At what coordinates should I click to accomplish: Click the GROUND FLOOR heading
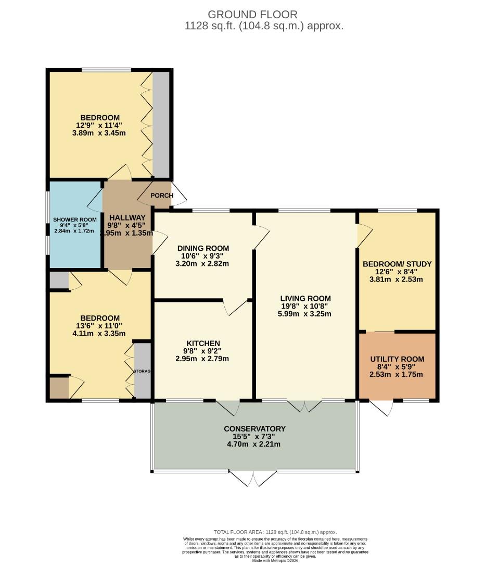[253, 14]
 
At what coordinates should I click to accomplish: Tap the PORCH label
[161, 195]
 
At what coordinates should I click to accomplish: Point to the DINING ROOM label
[203, 248]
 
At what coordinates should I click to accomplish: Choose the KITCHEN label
[203, 343]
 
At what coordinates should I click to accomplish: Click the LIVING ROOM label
[305, 299]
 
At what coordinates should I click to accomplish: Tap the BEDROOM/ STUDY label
[397, 264]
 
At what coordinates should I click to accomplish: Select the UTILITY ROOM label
[397, 359]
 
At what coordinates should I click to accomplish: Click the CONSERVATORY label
[254, 429]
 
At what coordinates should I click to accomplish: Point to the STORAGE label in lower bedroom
[142, 371]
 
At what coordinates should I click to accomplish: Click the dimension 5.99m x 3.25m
[305, 314]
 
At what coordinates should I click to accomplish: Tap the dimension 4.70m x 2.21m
[254, 445]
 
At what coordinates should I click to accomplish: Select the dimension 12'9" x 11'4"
[100, 125]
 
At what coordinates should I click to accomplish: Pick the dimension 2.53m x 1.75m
[397, 374]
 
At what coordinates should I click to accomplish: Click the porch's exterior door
[178, 194]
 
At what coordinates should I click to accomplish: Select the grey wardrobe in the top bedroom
[161, 125]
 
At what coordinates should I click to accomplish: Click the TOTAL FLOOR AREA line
[275, 531]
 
